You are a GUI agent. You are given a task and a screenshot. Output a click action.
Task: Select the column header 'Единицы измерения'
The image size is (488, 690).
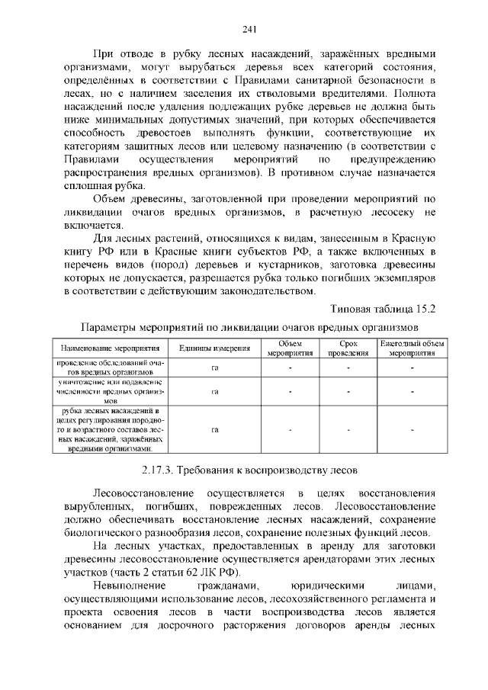tap(214, 349)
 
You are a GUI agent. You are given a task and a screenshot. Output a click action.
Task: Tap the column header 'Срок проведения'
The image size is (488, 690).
tap(348, 349)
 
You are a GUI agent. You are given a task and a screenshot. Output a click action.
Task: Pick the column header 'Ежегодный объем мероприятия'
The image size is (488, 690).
tap(412, 349)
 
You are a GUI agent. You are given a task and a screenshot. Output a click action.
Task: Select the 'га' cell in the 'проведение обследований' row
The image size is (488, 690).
tap(214, 367)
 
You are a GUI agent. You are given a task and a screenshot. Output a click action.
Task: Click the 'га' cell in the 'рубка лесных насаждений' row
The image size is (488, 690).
tap(214, 430)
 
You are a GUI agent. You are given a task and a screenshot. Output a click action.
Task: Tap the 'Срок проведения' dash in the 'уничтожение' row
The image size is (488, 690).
tap(348, 391)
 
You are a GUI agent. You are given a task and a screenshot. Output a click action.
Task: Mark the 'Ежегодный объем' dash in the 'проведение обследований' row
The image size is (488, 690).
tap(412, 367)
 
